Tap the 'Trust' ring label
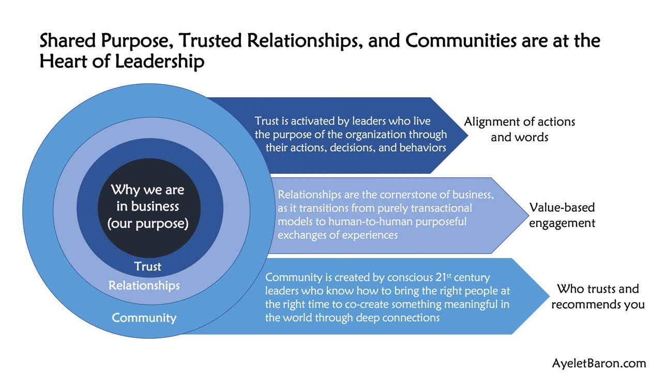pyautogui.click(x=148, y=267)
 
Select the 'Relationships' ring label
pyautogui.click(x=144, y=285)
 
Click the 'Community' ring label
pyautogui.click(x=144, y=318)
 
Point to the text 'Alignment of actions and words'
pyautogui.click(x=519, y=130)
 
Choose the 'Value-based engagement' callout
pyautogui.click(x=562, y=215)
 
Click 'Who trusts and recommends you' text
pyautogui.click(x=598, y=296)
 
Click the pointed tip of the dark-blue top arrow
pyautogui.click(x=467, y=136)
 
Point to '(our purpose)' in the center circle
pyautogui.click(x=148, y=224)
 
